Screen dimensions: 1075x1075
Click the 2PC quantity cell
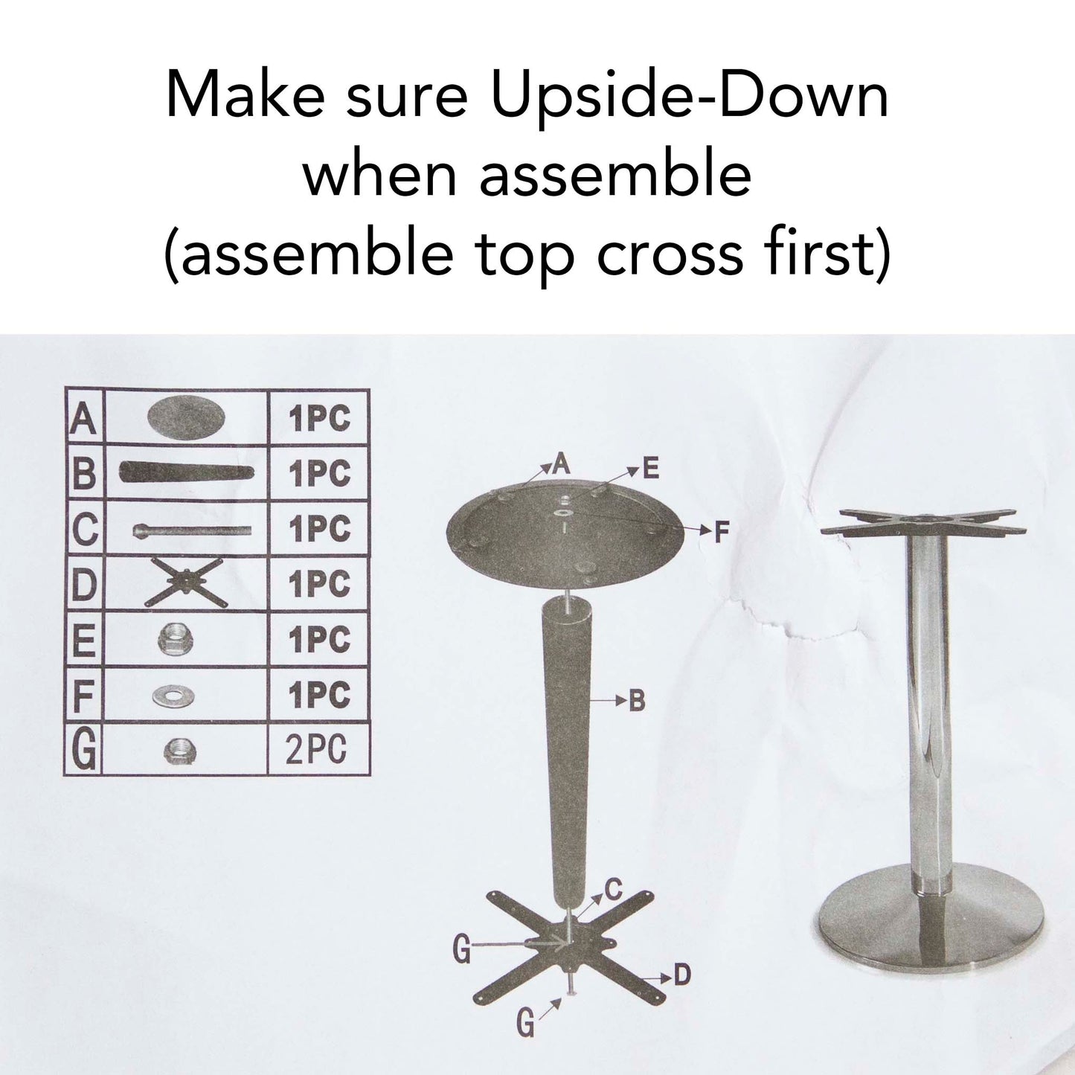point(317,749)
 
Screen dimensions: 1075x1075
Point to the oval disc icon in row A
point(185,417)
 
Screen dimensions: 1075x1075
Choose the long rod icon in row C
point(191,531)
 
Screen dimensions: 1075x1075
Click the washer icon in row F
point(173,696)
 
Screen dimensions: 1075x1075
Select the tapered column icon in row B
point(186,472)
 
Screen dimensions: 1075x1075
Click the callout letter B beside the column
point(637,701)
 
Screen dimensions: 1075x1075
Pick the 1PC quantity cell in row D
point(318,584)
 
